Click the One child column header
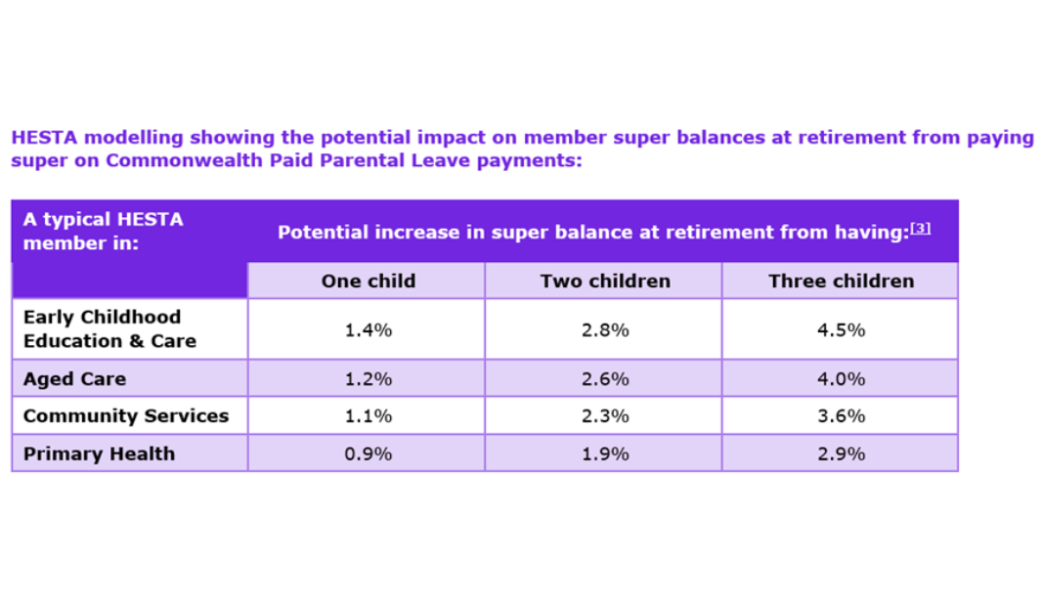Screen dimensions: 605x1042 (x=368, y=281)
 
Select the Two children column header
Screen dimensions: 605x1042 (x=604, y=281)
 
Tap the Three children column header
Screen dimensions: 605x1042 (x=841, y=281)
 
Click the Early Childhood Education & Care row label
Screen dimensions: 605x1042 (x=109, y=329)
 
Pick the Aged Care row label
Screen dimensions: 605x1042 (x=74, y=378)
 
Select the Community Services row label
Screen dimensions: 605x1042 (x=125, y=416)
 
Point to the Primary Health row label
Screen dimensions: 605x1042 (x=99, y=454)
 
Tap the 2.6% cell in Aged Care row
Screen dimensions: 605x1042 (x=604, y=378)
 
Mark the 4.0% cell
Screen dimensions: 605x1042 (x=841, y=378)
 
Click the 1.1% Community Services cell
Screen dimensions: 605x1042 (x=368, y=416)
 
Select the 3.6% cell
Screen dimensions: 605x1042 (x=841, y=416)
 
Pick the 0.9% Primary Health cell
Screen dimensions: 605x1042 (x=368, y=454)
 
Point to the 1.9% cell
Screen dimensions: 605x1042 (x=604, y=454)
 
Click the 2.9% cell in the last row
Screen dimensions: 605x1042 (x=841, y=454)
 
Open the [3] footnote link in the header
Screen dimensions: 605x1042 (x=920, y=229)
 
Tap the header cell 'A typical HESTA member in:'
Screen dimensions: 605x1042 (x=102, y=232)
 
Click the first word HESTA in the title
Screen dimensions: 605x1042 (x=40, y=138)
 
